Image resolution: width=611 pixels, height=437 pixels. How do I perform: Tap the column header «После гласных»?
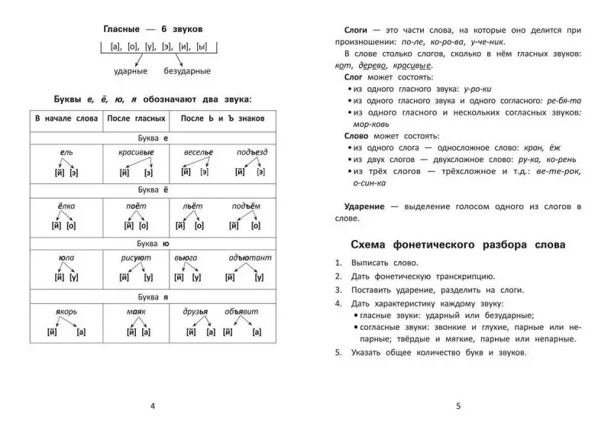[x=137, y=121]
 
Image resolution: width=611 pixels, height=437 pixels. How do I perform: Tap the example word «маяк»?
[x=136, y=311]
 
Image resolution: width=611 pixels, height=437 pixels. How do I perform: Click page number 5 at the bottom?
[x=458, y=405]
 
